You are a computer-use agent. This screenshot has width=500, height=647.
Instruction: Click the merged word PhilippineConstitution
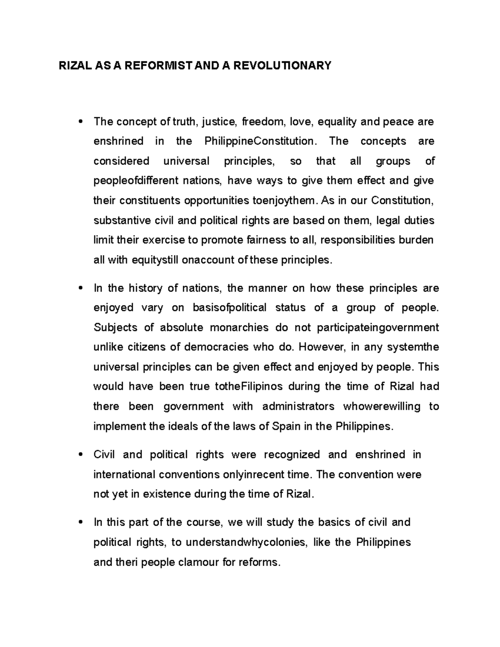tap(259, 141)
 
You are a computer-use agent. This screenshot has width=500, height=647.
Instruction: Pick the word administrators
tap(298, 406)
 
